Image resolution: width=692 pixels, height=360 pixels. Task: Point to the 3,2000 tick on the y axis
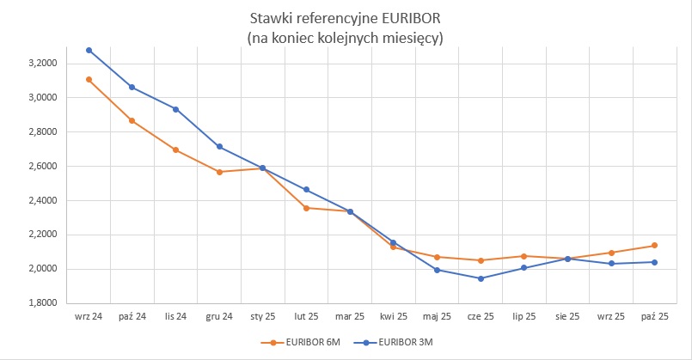click(42, 64)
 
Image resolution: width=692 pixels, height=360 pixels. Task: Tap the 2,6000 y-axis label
click(42, 167)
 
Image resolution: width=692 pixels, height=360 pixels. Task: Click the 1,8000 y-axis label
click(42, 303)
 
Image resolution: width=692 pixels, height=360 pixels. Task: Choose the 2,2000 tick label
click(42, 235)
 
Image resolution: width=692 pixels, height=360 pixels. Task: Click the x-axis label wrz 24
click(89, 317)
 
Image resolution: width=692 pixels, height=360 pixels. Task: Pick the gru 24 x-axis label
click(219, 317)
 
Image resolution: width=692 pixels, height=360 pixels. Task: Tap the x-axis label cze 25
click(481, 317)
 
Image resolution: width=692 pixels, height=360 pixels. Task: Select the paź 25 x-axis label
click(654, 317)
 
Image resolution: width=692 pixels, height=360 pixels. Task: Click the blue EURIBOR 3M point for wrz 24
click(89, 51)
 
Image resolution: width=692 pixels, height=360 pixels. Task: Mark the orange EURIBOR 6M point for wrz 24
click(89, 80)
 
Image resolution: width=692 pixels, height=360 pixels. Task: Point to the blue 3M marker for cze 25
click(481, 278)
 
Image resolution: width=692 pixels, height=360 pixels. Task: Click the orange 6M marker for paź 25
click(654, 246)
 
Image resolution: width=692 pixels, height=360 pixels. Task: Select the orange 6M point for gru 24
click(219, 172)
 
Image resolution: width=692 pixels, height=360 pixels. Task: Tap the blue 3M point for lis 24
click(175, 109)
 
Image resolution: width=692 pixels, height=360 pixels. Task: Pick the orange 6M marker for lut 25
click(306, 208)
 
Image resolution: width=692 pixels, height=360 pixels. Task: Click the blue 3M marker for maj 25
click(437, 270)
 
